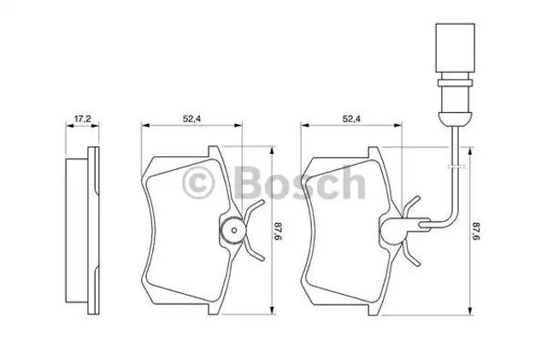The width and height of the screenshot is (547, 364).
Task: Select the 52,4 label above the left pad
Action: tap(191, 119)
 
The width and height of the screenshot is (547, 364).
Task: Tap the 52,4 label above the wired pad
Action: tap(351, 119)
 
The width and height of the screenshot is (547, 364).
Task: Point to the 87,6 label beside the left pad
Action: tap(278, 230)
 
